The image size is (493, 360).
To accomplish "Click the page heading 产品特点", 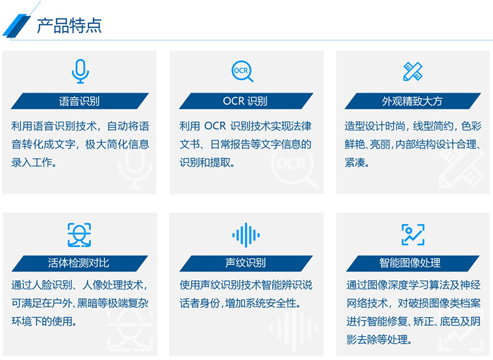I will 69,26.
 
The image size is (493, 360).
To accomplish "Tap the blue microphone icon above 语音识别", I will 80,71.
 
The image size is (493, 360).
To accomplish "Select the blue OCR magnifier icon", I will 242,71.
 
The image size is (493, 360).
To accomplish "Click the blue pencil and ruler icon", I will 413,71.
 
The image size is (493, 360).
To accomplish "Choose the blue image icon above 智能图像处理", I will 413,234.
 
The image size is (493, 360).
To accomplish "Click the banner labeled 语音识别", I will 80,101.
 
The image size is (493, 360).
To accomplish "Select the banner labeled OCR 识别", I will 245,101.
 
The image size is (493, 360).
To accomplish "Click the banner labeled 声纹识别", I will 245,263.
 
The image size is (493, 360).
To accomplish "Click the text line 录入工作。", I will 34,162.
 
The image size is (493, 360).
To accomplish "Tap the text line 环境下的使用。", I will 44,320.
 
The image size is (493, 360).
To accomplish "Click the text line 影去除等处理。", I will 379,339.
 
